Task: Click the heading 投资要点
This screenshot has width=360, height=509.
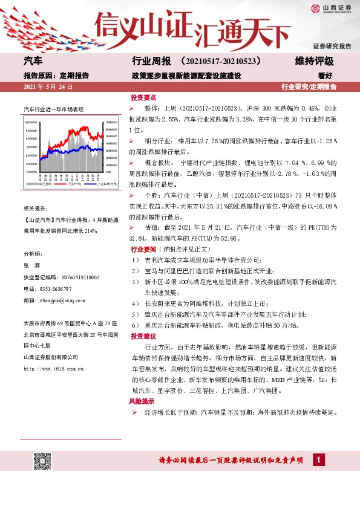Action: click(x=143, y=97)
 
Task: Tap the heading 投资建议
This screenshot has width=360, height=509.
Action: click(x=143, y=336)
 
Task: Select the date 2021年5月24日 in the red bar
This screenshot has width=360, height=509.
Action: click(x=48, y=87)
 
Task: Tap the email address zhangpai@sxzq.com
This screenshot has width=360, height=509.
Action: click(x=62, y=300)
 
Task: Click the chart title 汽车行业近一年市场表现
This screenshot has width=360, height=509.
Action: click(x=53, y=109)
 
